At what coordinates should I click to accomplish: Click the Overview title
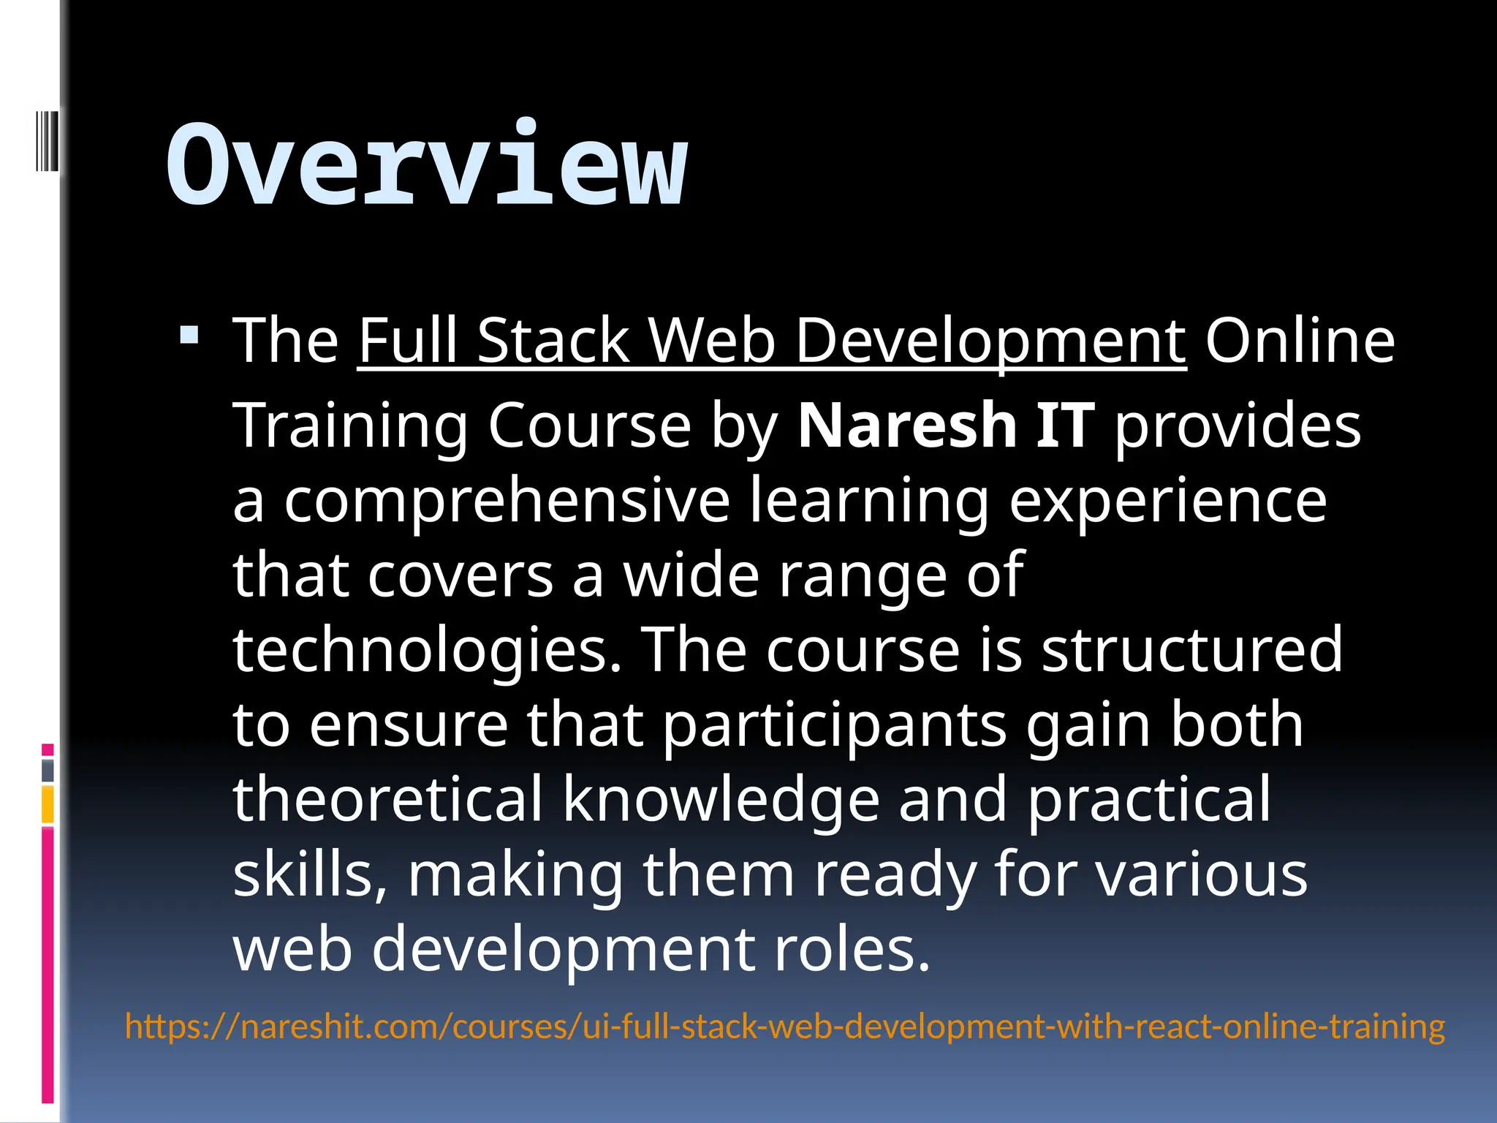pyautogui.click(x=427, y=165)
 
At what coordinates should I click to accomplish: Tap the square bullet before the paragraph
pyautogui.click(x=189, y=336)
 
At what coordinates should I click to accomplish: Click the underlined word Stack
pyautogui.click(x=553, y=341)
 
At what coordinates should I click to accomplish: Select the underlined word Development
pyautogui.click(x=990, y=341)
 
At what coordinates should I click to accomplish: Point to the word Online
pyautogui.click(x=1300, y=341)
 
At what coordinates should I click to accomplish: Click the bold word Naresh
pyautogui.click(x=907, y=426)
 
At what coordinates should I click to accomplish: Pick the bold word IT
pyautogui.click(x=1065, y=426)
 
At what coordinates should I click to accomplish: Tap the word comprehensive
pyautogui.click(x=507, y=502)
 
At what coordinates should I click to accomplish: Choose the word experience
pyautogui.click(x=1167, y=502)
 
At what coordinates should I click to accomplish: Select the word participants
pyautogui.click(x=835, y=725)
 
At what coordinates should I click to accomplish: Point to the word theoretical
pyautogui.click(x=388, y=800)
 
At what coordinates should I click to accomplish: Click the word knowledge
pyautogui.click(x=721, y=800)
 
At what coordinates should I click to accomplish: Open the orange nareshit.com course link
pyautogui.click(x=784, y=1026)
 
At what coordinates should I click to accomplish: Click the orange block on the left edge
pyautogui.click(x=48, y=804)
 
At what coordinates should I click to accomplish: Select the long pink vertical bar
pyautogui.click(x=48, y=964)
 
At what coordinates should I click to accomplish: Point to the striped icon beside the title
pyautogui.click(x=47, y=140)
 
